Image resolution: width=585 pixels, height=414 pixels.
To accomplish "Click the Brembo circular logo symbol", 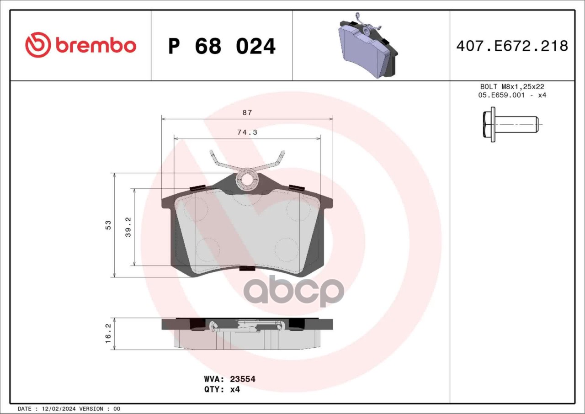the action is (38, 45).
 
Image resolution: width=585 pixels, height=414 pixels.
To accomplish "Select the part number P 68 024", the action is (222, 46).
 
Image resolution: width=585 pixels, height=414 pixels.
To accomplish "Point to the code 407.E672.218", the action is (512, 46).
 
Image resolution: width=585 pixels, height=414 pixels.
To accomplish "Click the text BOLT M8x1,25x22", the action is (512, 86).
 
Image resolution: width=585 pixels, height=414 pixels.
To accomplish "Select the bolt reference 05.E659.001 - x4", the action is (512, 95).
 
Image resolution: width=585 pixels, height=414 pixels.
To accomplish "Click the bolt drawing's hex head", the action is (489, 124).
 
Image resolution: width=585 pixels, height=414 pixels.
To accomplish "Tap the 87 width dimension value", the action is (247, 112).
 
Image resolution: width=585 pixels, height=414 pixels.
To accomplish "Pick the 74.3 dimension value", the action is (247, 133).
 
